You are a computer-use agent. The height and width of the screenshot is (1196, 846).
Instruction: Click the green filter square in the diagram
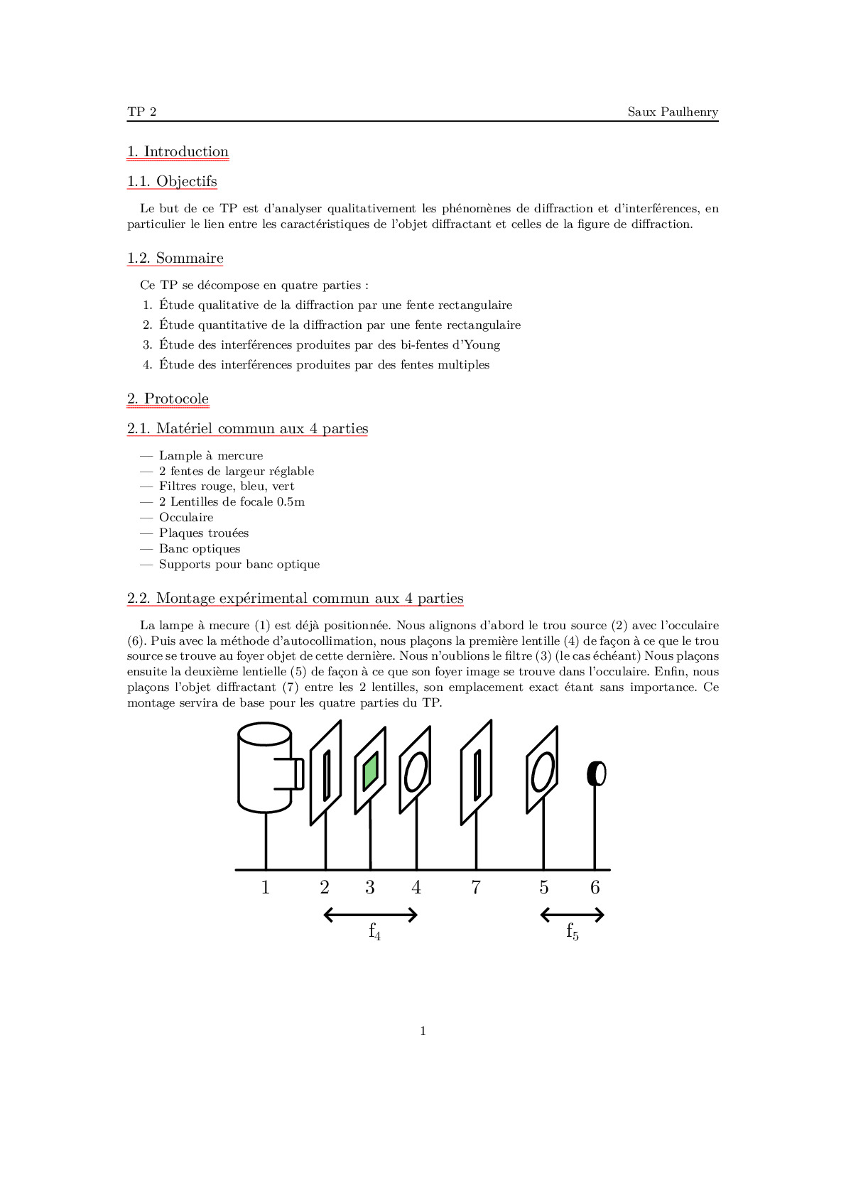point(370,772)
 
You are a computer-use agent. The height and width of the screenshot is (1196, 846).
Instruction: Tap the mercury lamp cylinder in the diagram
point(264,768)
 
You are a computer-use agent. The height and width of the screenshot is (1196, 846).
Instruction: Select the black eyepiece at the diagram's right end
point(596,773)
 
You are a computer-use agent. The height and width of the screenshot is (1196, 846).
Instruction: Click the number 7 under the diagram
point(476,888)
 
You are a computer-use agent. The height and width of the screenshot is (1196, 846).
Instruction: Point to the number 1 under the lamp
point(266,888)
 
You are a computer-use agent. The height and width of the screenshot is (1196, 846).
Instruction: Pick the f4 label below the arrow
point(374,931)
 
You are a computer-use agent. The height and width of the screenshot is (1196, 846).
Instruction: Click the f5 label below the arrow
point(572,931)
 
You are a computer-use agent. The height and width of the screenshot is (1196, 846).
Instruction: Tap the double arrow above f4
point(370,915)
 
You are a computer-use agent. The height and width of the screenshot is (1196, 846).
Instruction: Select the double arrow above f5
point(572,915)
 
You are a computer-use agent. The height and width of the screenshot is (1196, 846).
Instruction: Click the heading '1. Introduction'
point(178,152)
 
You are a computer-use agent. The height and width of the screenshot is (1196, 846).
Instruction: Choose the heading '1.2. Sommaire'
point(175,259)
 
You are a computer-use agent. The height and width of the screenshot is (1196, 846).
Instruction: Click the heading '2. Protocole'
point(168,399)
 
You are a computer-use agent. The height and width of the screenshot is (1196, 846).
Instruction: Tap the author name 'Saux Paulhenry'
point(672,112)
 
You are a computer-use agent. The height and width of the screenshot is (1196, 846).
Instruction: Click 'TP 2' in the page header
point(142,112)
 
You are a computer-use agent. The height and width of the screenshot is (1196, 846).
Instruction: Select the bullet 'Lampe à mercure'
point(211,456)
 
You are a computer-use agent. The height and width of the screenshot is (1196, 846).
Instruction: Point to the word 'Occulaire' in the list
point(186,518)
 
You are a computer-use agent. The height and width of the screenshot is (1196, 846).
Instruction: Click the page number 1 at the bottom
point(423,1031)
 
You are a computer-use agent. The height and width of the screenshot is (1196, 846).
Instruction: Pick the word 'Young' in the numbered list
point(482,345)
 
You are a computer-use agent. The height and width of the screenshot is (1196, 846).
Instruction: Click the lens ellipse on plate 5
point(543,771)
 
